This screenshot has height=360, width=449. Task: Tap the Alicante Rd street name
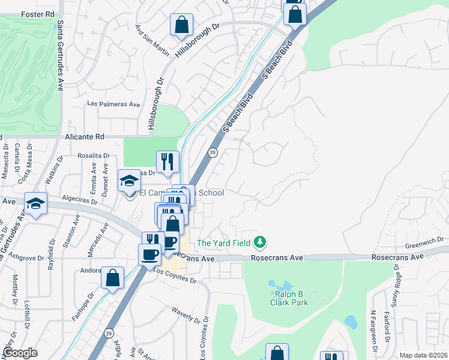pos(85,137)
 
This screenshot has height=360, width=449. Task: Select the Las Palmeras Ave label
pos(113,104)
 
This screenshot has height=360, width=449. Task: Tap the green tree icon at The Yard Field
pos(260,242)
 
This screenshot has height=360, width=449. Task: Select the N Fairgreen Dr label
pos(373,328)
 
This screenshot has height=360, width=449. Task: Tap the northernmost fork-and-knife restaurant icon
pos(167,161)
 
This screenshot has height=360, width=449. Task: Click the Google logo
pos(20,353)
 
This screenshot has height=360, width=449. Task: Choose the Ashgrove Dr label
pos(25,259)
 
